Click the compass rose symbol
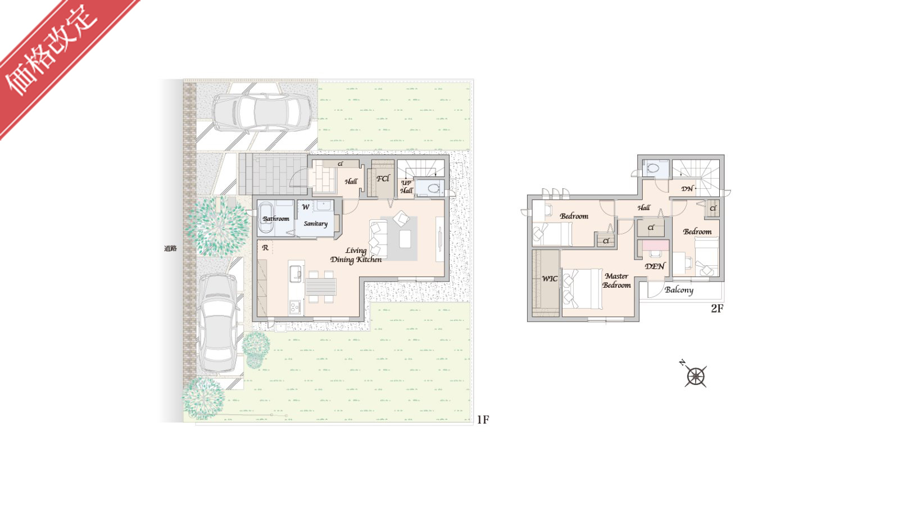pyautogui.click(x=696, y=376)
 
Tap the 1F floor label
pyautogui.click(x=483, y=419)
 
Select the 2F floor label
pyautogui.click(x=717, y=308)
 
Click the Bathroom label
pyautogui.click(x=276, y=219)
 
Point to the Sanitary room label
pyautogui.click(x=315, y=224)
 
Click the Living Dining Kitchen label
pyautogui.click(x=356, y=255)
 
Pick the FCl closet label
pyautogui.click(x=383, y=178)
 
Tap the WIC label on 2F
pyautogui.click(x=550, y=279)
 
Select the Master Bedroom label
pyautogui.click(x=616, y=280)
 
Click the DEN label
pyautogui.click(x=655, y=266)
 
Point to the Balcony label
pyautogui.click(x=679, y=290)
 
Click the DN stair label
pyautogui.click(x=687, y=189)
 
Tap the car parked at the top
pyautogui.click(x=262, y=113)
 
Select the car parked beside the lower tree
pyautogui.click(x=218, y=324)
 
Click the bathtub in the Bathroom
pyautogui.click(x=266, y=217)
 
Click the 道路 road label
pyautogui.click(x=170, y=248)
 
